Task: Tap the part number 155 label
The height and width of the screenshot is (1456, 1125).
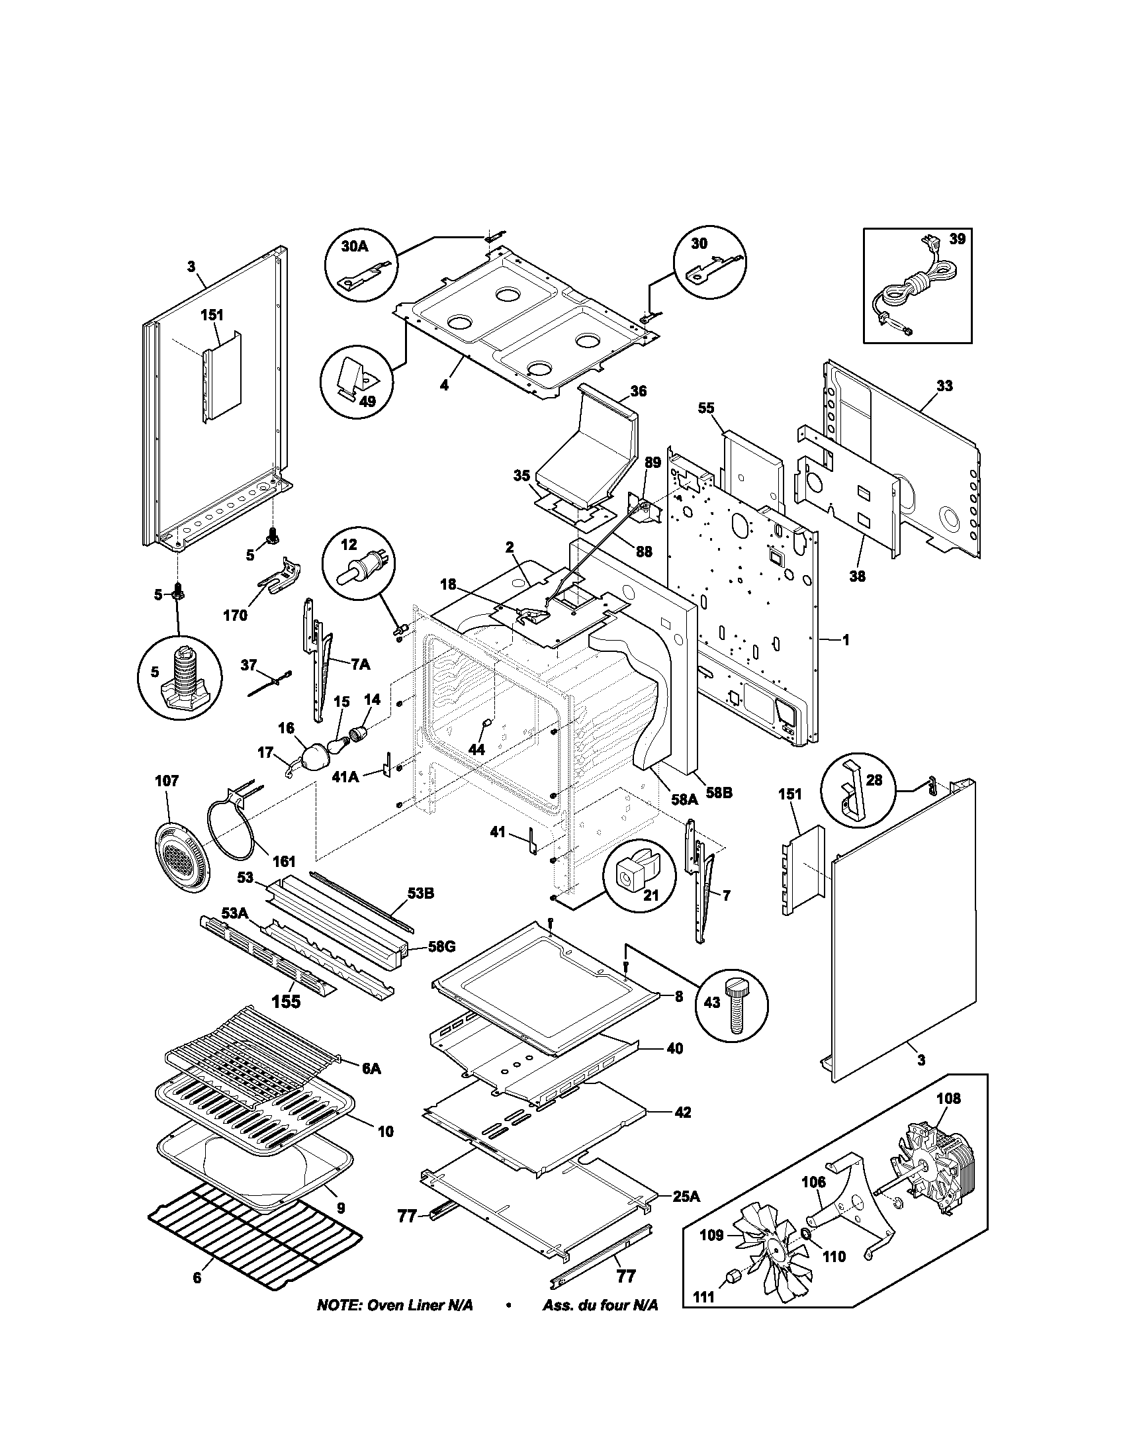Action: [286, 1020]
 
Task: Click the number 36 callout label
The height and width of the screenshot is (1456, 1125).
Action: [638, 391]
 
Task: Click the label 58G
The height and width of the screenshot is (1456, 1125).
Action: [442, 946]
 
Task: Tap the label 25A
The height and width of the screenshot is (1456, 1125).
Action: [686, 1197]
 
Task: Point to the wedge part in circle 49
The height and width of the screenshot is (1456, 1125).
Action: [354, 377]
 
